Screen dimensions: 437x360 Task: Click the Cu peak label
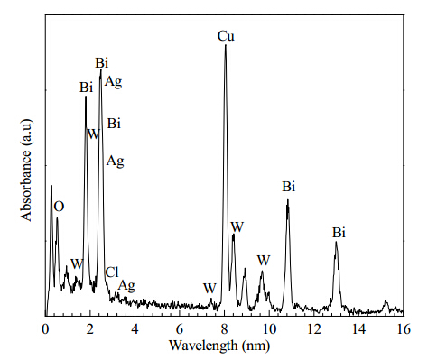click(226, 36)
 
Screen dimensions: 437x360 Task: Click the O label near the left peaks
click(59, 207)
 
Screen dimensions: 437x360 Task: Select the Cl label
click(112, 272)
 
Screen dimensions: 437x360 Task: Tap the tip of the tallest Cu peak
click(226, 45)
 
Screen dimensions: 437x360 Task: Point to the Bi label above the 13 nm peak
click(339, 233)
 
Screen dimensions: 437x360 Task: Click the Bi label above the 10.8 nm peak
click(289, 187)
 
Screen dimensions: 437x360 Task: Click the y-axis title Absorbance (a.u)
click(27, 171)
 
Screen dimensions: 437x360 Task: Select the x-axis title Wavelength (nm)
click(219, 346)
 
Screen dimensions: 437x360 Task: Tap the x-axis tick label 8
click(224, 329)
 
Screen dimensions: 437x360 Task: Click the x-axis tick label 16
click(404, 329)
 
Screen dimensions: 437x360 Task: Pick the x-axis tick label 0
click(45, 329)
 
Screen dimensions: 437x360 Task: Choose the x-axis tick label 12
click(314, 329)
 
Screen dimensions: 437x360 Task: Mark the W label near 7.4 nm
click(209, 289)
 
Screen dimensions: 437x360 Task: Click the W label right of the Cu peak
click(237, 227)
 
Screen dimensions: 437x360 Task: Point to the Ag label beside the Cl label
click(126, 286)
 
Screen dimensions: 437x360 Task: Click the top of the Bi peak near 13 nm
click(336, 242)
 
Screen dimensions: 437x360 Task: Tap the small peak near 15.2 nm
click(386, 301)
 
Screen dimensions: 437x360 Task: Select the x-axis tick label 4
click(135, 329)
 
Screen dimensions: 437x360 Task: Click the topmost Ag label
click(113, 81)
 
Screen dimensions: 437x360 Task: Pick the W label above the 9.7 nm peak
click(264, 260)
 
